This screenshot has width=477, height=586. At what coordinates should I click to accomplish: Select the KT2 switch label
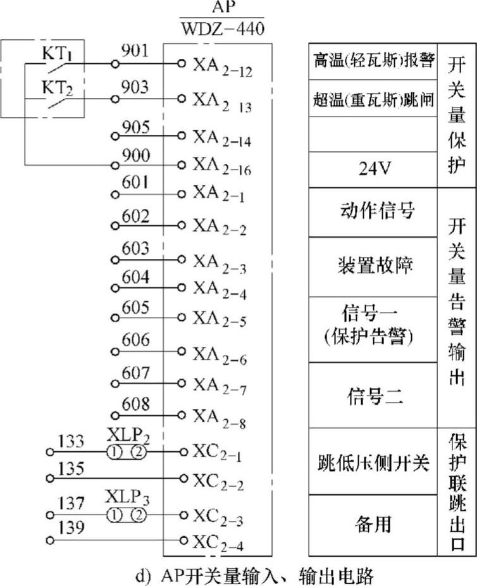tap(58, 88)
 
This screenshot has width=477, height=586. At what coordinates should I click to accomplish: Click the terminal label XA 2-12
tap(222, 66)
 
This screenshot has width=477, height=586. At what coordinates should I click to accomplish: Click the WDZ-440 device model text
tap(221, 29)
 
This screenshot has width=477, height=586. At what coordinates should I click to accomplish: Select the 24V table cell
tap(371, 168)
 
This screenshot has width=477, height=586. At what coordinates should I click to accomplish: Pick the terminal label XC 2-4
tap(221, 542)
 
